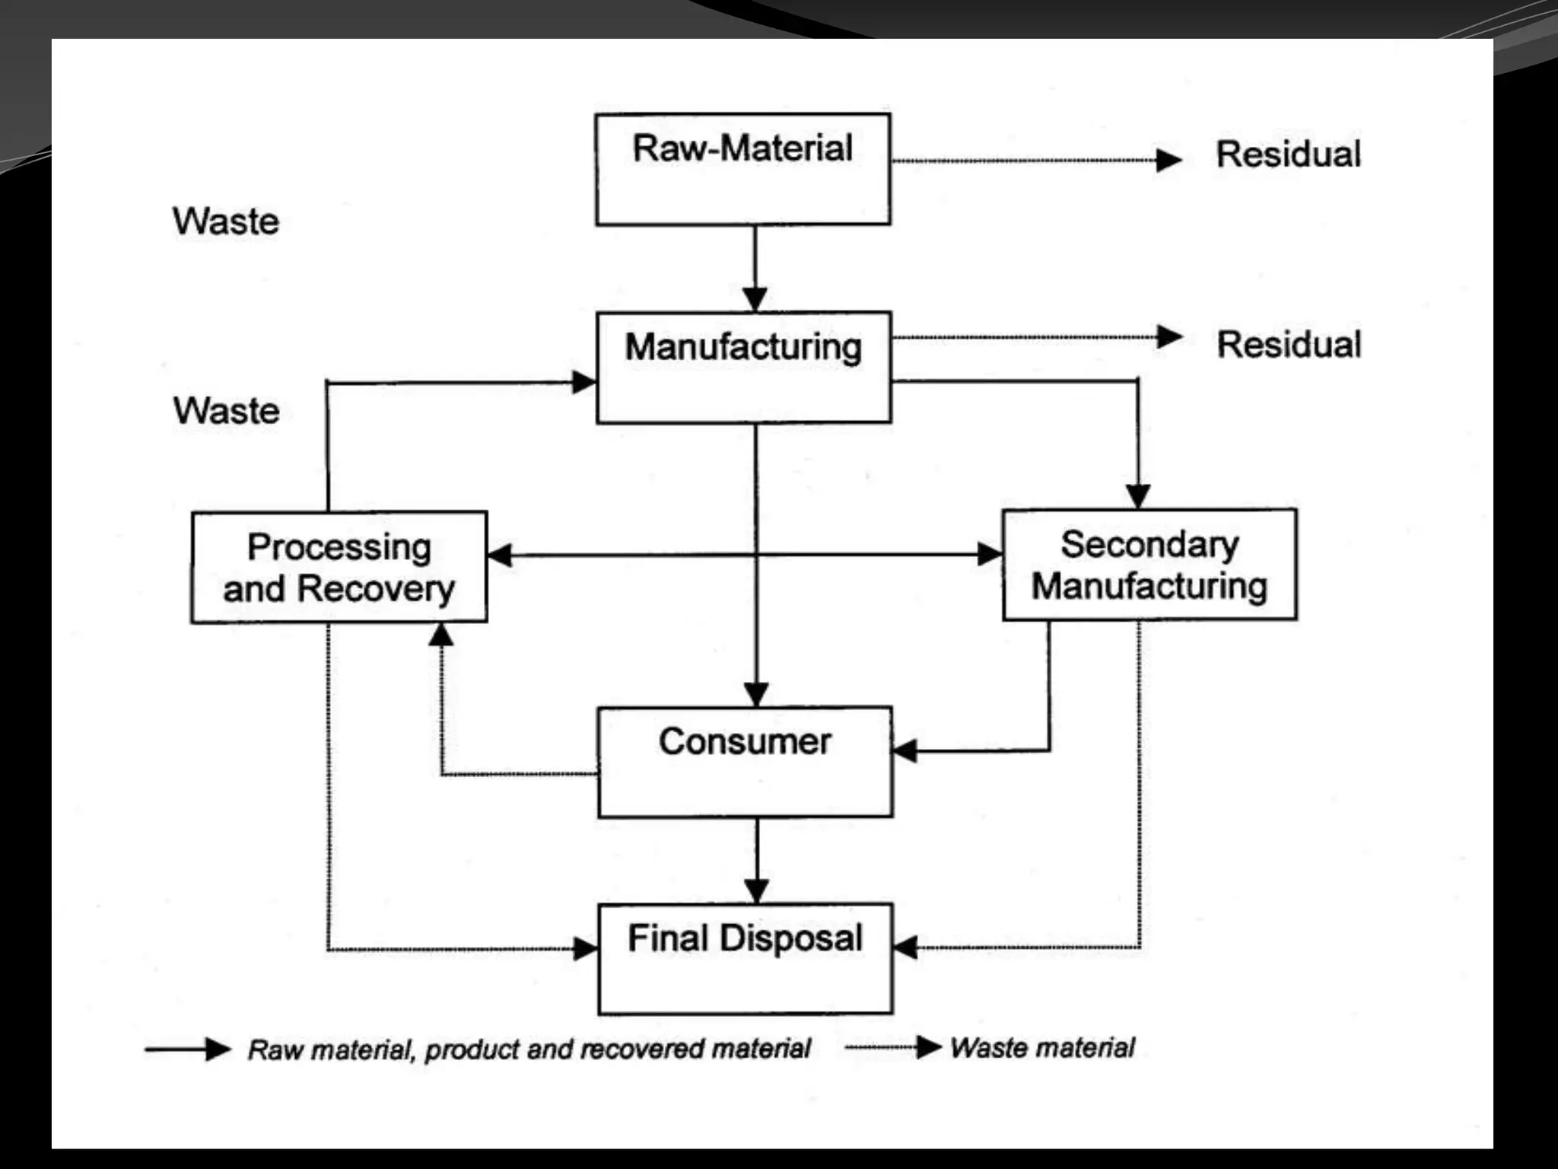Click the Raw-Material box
[x=742, y=169]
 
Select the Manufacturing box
[x=743, y=367]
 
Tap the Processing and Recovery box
[x=339, y=567]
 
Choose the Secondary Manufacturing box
[x=1149, y=565]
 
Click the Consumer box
[x=745, y=762]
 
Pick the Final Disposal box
[x=745, y=958]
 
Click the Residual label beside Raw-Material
[x=1288, y=154]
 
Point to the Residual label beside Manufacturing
[x=1289, y=344]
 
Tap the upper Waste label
[x=226, y=221]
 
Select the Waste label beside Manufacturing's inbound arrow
[x=226, y=411]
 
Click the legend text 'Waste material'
[x=1042, y=1048]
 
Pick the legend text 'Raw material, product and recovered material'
[x=529, y=1050]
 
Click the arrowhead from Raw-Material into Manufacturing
[x=755, y=300]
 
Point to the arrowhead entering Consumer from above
[x=755, y=694]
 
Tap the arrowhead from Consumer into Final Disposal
[x=756, y=891]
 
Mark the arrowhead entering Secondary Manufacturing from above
[x=1138, y=496]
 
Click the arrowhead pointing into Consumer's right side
[x=905, y=750]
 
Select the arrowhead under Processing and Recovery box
[x=441, y=635]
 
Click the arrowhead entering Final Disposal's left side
[x=586, y=948]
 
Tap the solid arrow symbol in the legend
[x=189, y=1050]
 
